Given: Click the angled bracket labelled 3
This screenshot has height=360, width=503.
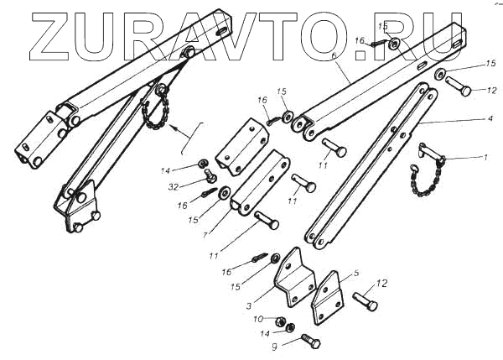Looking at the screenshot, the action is [x=289, y=277].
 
